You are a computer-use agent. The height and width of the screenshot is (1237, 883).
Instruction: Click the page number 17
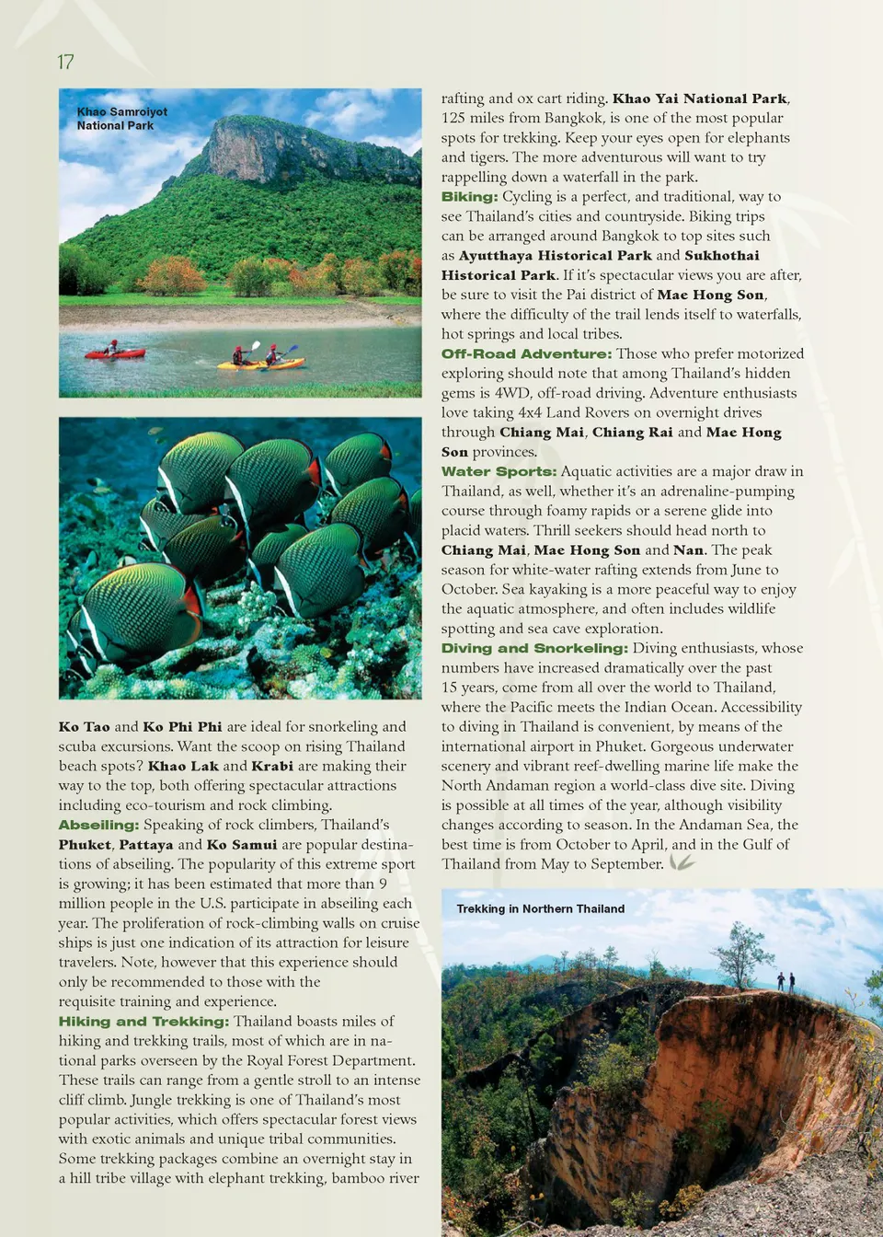[x=65, y=62]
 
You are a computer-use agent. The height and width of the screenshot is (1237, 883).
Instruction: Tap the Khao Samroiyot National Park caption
[x=121, y=119]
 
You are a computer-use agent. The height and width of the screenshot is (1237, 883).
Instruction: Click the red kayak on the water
[x=115, y=353]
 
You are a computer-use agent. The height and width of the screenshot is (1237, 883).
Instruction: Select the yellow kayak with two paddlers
[x=260, y=363]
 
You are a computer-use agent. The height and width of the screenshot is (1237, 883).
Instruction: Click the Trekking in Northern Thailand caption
[x=540, y=908]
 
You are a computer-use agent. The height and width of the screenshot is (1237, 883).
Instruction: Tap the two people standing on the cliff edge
[x=786, y=981]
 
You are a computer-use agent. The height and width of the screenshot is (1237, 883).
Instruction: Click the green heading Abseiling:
[x=98, y=825]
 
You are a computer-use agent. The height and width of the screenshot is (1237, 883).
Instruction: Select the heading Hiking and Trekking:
[x=143, y=1021]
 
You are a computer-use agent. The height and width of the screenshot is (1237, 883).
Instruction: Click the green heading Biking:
[x=469, y=196]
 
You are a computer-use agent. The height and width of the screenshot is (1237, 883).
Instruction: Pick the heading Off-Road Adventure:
[x=526, y=353]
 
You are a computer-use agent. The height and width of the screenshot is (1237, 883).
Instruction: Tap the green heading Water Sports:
[x=499, y=471]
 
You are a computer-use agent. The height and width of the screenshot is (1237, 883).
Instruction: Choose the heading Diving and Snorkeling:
[x=534, y=648]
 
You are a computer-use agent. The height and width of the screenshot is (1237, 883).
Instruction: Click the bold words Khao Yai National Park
[x=699, y=98]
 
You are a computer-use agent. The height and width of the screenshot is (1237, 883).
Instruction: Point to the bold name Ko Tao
[x=84, y=726]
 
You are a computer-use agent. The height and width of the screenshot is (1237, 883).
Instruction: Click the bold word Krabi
[x=272, y=766]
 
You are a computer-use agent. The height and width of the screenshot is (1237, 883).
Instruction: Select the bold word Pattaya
[x=145, y=844]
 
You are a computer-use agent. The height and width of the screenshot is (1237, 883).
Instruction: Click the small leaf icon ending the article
[x=682, y=862]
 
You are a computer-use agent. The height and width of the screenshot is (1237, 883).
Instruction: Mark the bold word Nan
[x=688, y=549]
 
